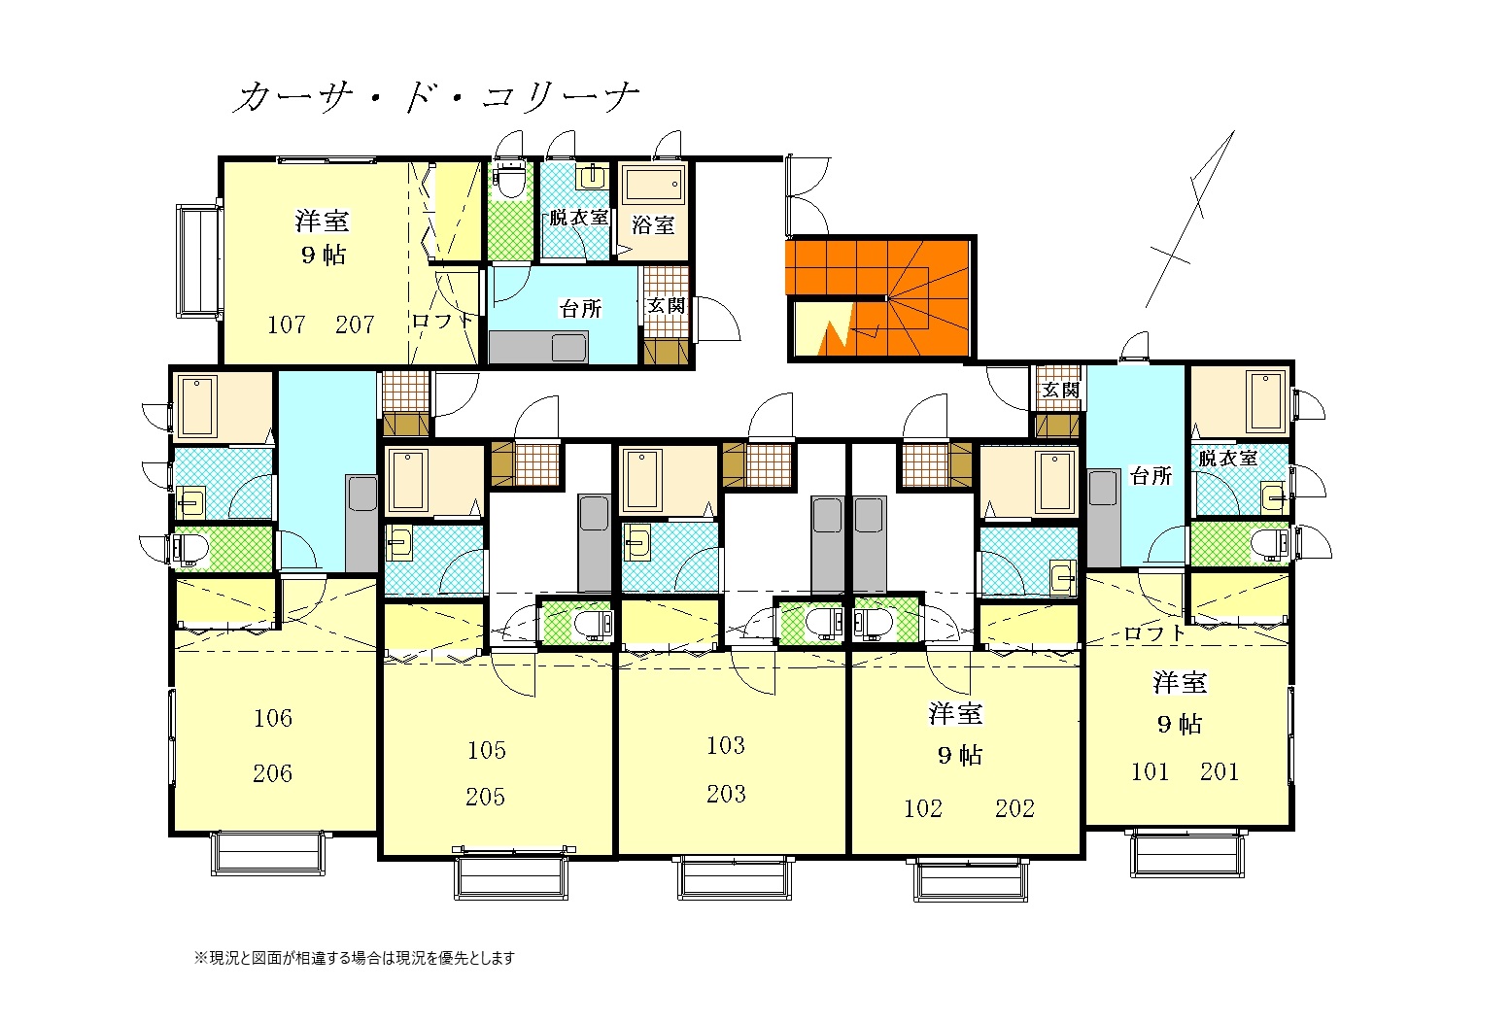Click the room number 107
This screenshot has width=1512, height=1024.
click(x=287, y=324)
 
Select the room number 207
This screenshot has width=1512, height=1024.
click(x=355, y=324)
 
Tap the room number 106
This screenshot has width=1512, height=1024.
click(x=273, y=718)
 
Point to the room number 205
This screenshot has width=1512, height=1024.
click(x=485, y=797)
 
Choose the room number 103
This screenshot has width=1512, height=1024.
click(x=726, y=745)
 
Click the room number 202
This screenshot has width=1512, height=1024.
click(x=1014, y=808)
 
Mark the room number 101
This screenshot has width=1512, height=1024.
click(x=1150, y=770)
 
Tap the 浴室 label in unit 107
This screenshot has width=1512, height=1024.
click(x=653, y=224)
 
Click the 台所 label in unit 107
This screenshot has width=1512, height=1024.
click(x=580, y=309)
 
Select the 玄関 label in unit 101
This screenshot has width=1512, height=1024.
click(x=1060, y=390)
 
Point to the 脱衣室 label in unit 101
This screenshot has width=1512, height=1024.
click(x=1228, y=459)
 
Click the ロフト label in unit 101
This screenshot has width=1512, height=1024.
click(x=1154, y=633)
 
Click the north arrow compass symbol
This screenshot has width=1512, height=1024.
click(x=1190, y=220)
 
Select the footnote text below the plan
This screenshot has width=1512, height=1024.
click(x=355, y=958)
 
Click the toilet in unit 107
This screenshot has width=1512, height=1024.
click(x=511, y=180)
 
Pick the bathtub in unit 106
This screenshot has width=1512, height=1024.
click(x=198, y=406)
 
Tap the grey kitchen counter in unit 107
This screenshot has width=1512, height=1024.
click(x=538, y=347)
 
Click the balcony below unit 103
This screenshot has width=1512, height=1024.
click(x=735, y=878)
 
